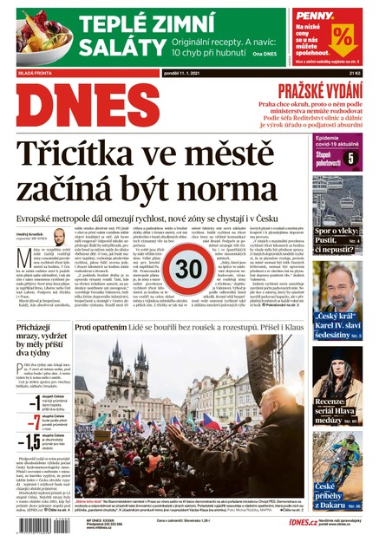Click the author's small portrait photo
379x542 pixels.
[59, 237]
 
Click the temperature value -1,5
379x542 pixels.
[29, 443]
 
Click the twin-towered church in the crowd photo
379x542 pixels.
[123, 364]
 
